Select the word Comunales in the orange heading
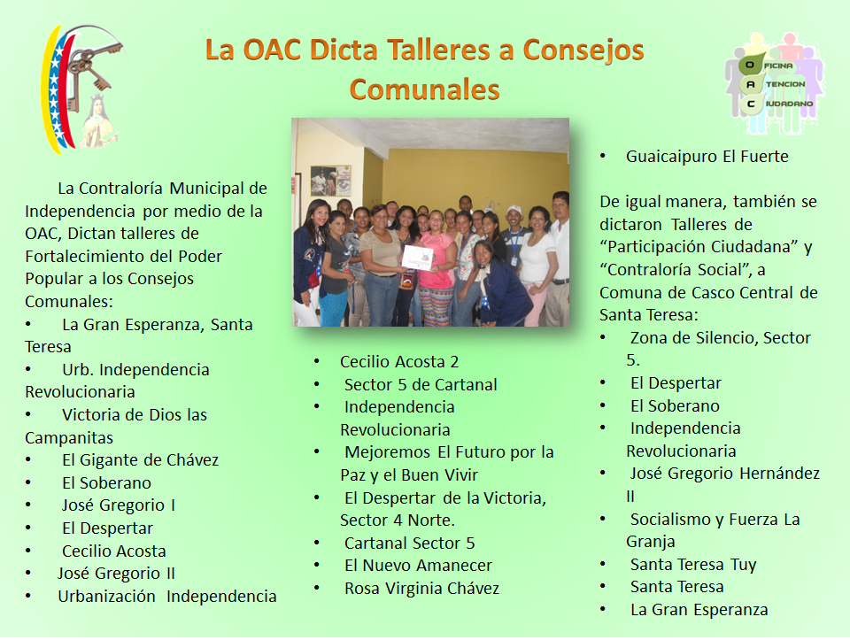424,89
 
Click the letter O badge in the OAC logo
750,65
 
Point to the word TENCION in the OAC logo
785,84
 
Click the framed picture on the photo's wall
330,180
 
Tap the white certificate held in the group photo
417,258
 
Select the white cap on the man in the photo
514,210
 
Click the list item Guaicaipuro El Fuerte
707,157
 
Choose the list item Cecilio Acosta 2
399,361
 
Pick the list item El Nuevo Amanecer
418,566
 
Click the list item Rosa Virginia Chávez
421,588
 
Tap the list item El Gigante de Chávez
140,460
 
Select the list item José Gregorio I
118,505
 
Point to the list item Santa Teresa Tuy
693,565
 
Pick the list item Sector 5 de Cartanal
421,384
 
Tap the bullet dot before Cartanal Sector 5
317,543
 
